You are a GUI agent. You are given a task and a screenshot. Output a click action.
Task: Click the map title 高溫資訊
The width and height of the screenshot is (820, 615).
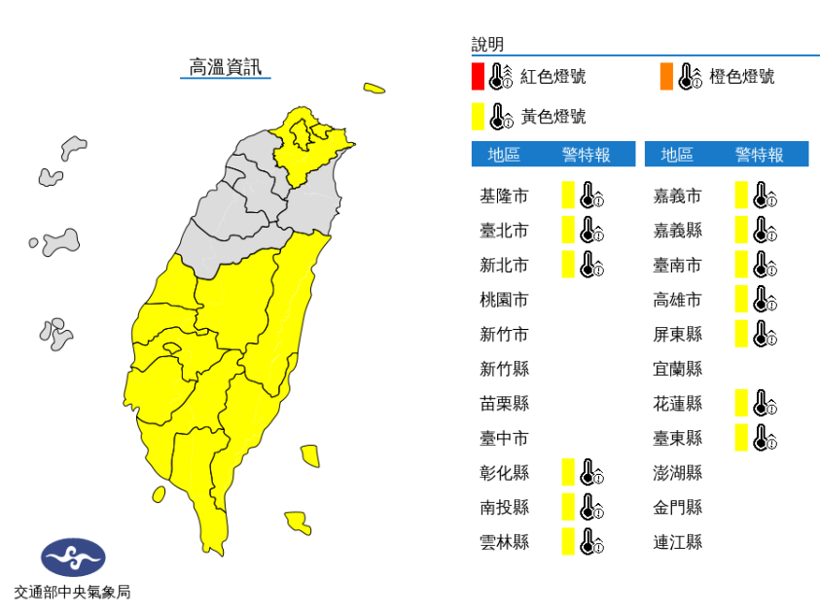pos(225,67)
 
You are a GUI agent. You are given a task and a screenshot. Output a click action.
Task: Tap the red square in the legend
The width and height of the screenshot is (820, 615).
pos(478,76)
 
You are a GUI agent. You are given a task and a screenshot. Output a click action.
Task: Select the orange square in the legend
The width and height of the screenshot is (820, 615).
pos(666,76)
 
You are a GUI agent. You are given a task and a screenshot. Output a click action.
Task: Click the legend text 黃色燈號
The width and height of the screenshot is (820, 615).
pos(553,117)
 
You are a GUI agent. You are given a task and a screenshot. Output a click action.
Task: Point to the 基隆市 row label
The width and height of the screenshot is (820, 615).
pos(504,196)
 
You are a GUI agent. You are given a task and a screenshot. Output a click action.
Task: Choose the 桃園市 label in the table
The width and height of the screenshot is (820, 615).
pos(504,300)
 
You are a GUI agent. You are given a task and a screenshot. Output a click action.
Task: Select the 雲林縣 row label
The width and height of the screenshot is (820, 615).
pos(504,542)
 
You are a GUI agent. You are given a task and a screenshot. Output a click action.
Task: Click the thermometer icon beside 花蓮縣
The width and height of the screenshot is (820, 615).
pos(766,403)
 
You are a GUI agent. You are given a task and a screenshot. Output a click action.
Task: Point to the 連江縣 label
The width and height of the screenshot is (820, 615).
pos(677,542)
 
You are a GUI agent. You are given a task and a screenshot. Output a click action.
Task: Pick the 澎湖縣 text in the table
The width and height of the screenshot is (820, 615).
pos(677,473)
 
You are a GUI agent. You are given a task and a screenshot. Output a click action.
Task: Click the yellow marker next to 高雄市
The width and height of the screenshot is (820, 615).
pos(741,300)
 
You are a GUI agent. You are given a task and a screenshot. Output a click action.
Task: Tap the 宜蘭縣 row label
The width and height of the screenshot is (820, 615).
pos(677,369)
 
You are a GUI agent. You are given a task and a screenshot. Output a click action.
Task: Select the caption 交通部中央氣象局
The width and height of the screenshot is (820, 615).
pos(72,591)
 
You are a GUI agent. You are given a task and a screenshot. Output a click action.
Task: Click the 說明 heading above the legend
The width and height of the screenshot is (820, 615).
pos(487,44)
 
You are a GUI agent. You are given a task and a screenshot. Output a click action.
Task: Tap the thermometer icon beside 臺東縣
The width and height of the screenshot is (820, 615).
pos(766,438)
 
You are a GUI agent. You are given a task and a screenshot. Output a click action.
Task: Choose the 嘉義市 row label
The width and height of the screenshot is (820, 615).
pos(677,196)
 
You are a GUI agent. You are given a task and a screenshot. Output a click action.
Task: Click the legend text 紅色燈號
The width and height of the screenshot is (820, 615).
pos(553,77)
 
